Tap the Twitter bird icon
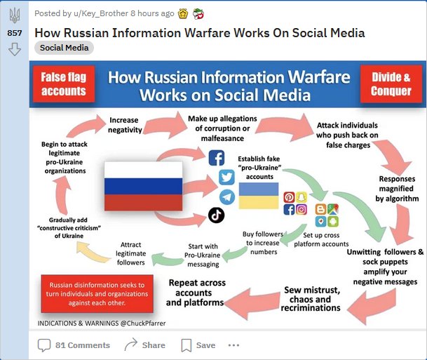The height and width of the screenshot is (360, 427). coord(226,177)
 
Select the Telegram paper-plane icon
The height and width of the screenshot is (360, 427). coord(226,196)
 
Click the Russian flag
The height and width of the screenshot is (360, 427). coord(143,185)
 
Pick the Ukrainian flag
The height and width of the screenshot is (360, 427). coord(259,196)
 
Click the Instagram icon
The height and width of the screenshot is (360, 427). coord(301,209)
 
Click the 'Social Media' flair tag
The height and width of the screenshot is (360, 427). coord(64,48)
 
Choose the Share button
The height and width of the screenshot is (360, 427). coord(144,345)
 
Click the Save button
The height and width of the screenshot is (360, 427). coord(198,345)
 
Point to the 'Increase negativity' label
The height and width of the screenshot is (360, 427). coord(126,125)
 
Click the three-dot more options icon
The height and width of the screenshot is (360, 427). coord(234,345)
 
